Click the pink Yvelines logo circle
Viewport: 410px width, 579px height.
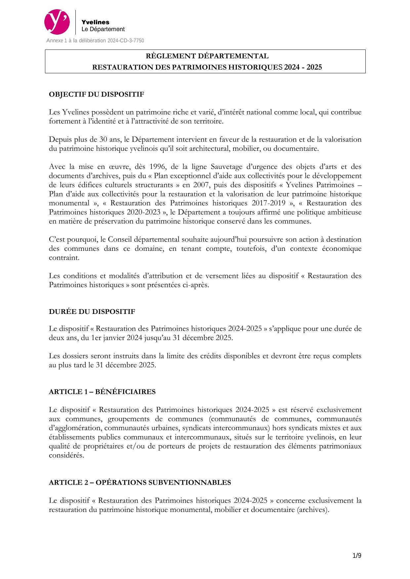pyautogui.click(x=57, y=22)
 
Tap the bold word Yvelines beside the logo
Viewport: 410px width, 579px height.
pyautogui.click(x=95, y=22)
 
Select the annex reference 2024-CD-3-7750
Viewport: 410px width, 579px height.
pyautogui.click(x=126, y=41)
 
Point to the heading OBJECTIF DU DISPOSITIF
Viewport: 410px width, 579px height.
pyautogui.click(x=97, y=94)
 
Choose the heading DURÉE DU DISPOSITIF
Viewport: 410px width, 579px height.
pyautogui.click(x=92, y=312)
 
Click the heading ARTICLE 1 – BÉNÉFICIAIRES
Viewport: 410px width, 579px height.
pyautogui.click(x=102, y=392)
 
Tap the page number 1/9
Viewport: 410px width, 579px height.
pyautogui.click(x=357, y=556)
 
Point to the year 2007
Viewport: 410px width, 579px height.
pyautogui.click(x=201, y=185)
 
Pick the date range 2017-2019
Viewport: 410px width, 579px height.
pyautogui.click(x=268, y=203)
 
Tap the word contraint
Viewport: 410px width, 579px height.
pyautogui.click(x=64, y=257)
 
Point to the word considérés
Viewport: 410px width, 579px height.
pyautogui.click(x=66, y=455)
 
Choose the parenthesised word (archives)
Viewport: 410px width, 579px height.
pyautogui.click(x=313, y=510)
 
